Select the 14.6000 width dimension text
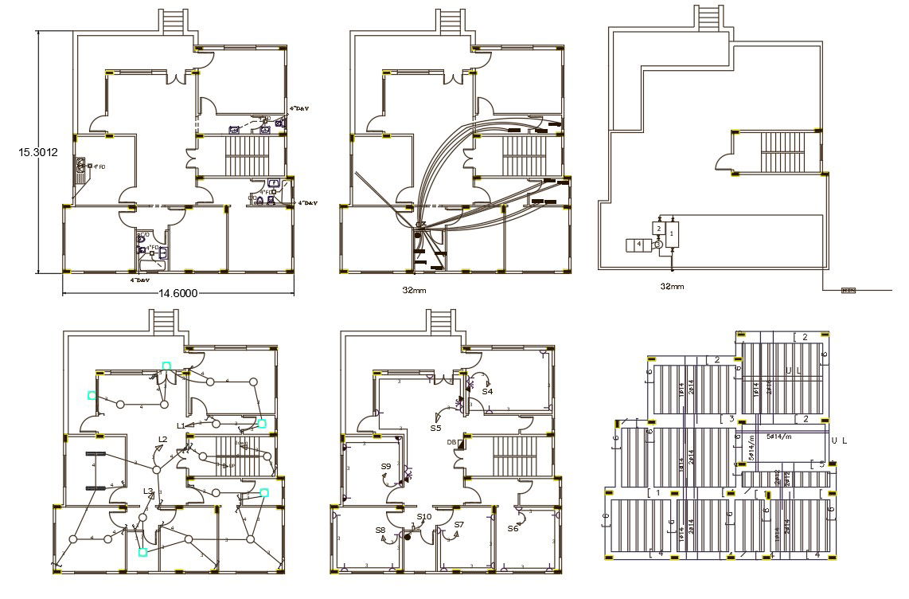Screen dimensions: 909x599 point(178,293)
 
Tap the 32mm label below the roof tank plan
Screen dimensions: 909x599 point(672,285)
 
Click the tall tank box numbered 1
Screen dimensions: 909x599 point(672,234)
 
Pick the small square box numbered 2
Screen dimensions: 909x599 point(657,229)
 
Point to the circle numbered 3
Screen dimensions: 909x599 point(657,245)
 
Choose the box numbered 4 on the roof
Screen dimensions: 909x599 point(638,244)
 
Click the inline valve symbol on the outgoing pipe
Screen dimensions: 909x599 point(849,290)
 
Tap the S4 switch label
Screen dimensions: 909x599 point(487,392)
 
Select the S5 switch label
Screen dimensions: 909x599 point(435,429)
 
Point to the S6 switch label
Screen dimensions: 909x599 point(513,528)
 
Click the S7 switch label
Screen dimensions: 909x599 point(458,525)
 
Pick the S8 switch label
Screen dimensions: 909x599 point(380,530)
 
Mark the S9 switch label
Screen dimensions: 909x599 point(386,466)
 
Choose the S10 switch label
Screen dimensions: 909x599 point(423,517)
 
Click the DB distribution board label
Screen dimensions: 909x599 point(451,442)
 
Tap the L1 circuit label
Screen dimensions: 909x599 point(181,426)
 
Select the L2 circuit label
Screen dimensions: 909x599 point(162,439)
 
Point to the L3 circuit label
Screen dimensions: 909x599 point(147,491)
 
